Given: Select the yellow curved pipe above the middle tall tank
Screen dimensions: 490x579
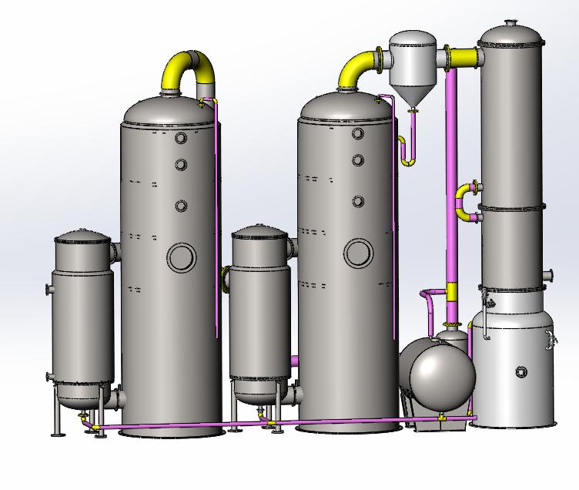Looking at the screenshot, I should tap(356, 68).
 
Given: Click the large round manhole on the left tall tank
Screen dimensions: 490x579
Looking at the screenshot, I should tap(182, 257).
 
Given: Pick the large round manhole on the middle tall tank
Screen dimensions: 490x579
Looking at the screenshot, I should tap(359, 253).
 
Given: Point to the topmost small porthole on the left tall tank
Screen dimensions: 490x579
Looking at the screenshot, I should tap(181, 139).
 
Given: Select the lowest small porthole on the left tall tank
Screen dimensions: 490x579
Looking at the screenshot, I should tap(181, 206).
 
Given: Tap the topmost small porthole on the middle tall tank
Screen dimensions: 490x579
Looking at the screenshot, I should tap(358, 134).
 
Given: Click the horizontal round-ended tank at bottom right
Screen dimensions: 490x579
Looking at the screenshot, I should tap(441, 376).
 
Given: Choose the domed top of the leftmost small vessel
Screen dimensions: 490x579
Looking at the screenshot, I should tap(83, 238).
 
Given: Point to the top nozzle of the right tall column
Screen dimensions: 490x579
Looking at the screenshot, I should tap(511, 24).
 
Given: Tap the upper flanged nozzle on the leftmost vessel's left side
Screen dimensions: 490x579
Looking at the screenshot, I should tap(50, 290).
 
